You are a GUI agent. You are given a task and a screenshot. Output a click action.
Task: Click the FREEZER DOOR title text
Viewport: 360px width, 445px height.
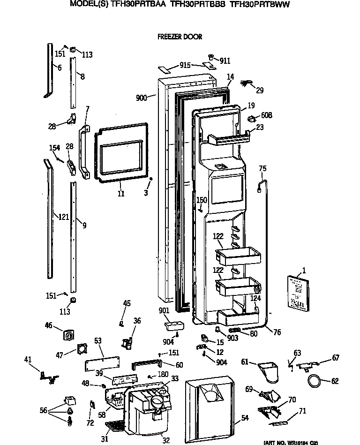tap(180, 37)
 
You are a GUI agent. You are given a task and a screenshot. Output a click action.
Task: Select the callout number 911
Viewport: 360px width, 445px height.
tap(225, 60)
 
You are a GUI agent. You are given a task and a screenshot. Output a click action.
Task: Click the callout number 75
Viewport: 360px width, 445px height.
tap(262, 169)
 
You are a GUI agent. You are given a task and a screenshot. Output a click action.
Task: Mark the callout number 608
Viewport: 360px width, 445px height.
tap(266, 115)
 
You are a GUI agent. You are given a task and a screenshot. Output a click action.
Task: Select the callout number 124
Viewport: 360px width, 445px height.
tap(255, 298)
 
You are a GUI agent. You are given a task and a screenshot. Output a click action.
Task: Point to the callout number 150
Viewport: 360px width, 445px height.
tap(202, 200)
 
